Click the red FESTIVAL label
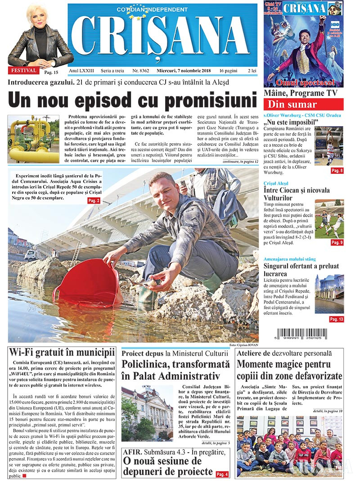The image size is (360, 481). coord(22,70)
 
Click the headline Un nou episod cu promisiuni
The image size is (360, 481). coord(131,100)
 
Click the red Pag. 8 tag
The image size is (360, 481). coord(337,170)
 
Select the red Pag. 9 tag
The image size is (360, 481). coord(337,242)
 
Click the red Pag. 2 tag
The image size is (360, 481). coord(94,200)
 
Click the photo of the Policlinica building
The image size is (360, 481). coord(147,413)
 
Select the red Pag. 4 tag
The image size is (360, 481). coord(222,474)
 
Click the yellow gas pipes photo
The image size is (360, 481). coord(34,139)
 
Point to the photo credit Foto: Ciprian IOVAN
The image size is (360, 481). coord(243,345)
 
